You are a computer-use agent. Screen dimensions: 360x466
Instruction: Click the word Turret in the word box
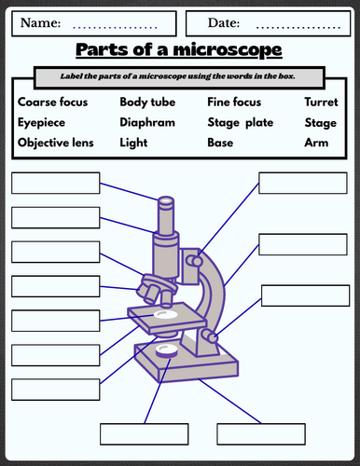pos(321,102)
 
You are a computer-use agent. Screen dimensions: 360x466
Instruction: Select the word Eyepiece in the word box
pos(41,123)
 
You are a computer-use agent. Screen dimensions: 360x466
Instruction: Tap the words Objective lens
pos(56,143)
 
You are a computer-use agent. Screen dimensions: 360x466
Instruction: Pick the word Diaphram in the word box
pos(147,122)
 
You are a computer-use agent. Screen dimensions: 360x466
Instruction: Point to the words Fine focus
pos(234,102)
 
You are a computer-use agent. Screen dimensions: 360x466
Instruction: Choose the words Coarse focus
pos(52,102)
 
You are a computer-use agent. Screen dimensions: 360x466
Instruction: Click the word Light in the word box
pos(133,143)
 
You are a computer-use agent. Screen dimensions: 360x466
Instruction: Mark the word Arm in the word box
pos(316,143)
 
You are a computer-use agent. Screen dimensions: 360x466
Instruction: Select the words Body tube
pos(147,103)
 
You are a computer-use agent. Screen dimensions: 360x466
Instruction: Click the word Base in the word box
pos(220,143)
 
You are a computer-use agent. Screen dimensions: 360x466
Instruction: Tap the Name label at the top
pos(40,23)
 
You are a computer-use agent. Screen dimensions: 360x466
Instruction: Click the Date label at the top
pos(224,23)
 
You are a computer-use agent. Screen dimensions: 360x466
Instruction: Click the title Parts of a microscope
pos(179,49)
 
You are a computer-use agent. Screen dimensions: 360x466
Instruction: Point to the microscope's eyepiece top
pos(166,201)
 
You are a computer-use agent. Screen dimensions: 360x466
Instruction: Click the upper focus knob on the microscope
pos(194,261)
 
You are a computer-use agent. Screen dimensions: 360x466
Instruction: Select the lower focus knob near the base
pos(209,336)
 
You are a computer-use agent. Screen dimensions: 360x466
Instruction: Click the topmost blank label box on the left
pos(56,184)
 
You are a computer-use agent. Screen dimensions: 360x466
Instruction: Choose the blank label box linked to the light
pos(145,434)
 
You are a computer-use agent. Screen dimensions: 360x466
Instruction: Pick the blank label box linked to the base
pos(261,434)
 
